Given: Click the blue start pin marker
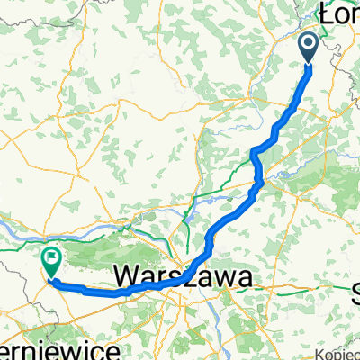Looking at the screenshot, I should coord(308,47).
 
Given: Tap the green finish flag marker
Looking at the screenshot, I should coord(51,263).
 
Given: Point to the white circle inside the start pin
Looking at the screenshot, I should coord(308,43).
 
